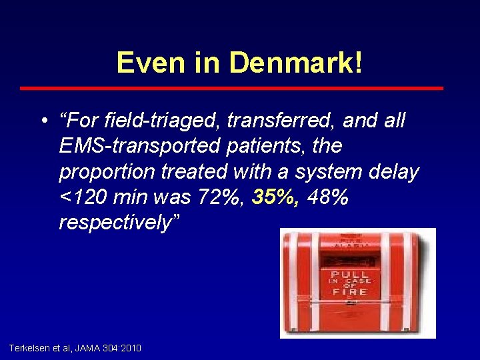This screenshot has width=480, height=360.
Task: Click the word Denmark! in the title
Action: tap(296, 63)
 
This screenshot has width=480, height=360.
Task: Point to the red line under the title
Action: tap(231, 88)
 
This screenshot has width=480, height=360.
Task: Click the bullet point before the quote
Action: tap(43, 122)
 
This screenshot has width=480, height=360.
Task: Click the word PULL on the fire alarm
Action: tap(350, 275)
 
